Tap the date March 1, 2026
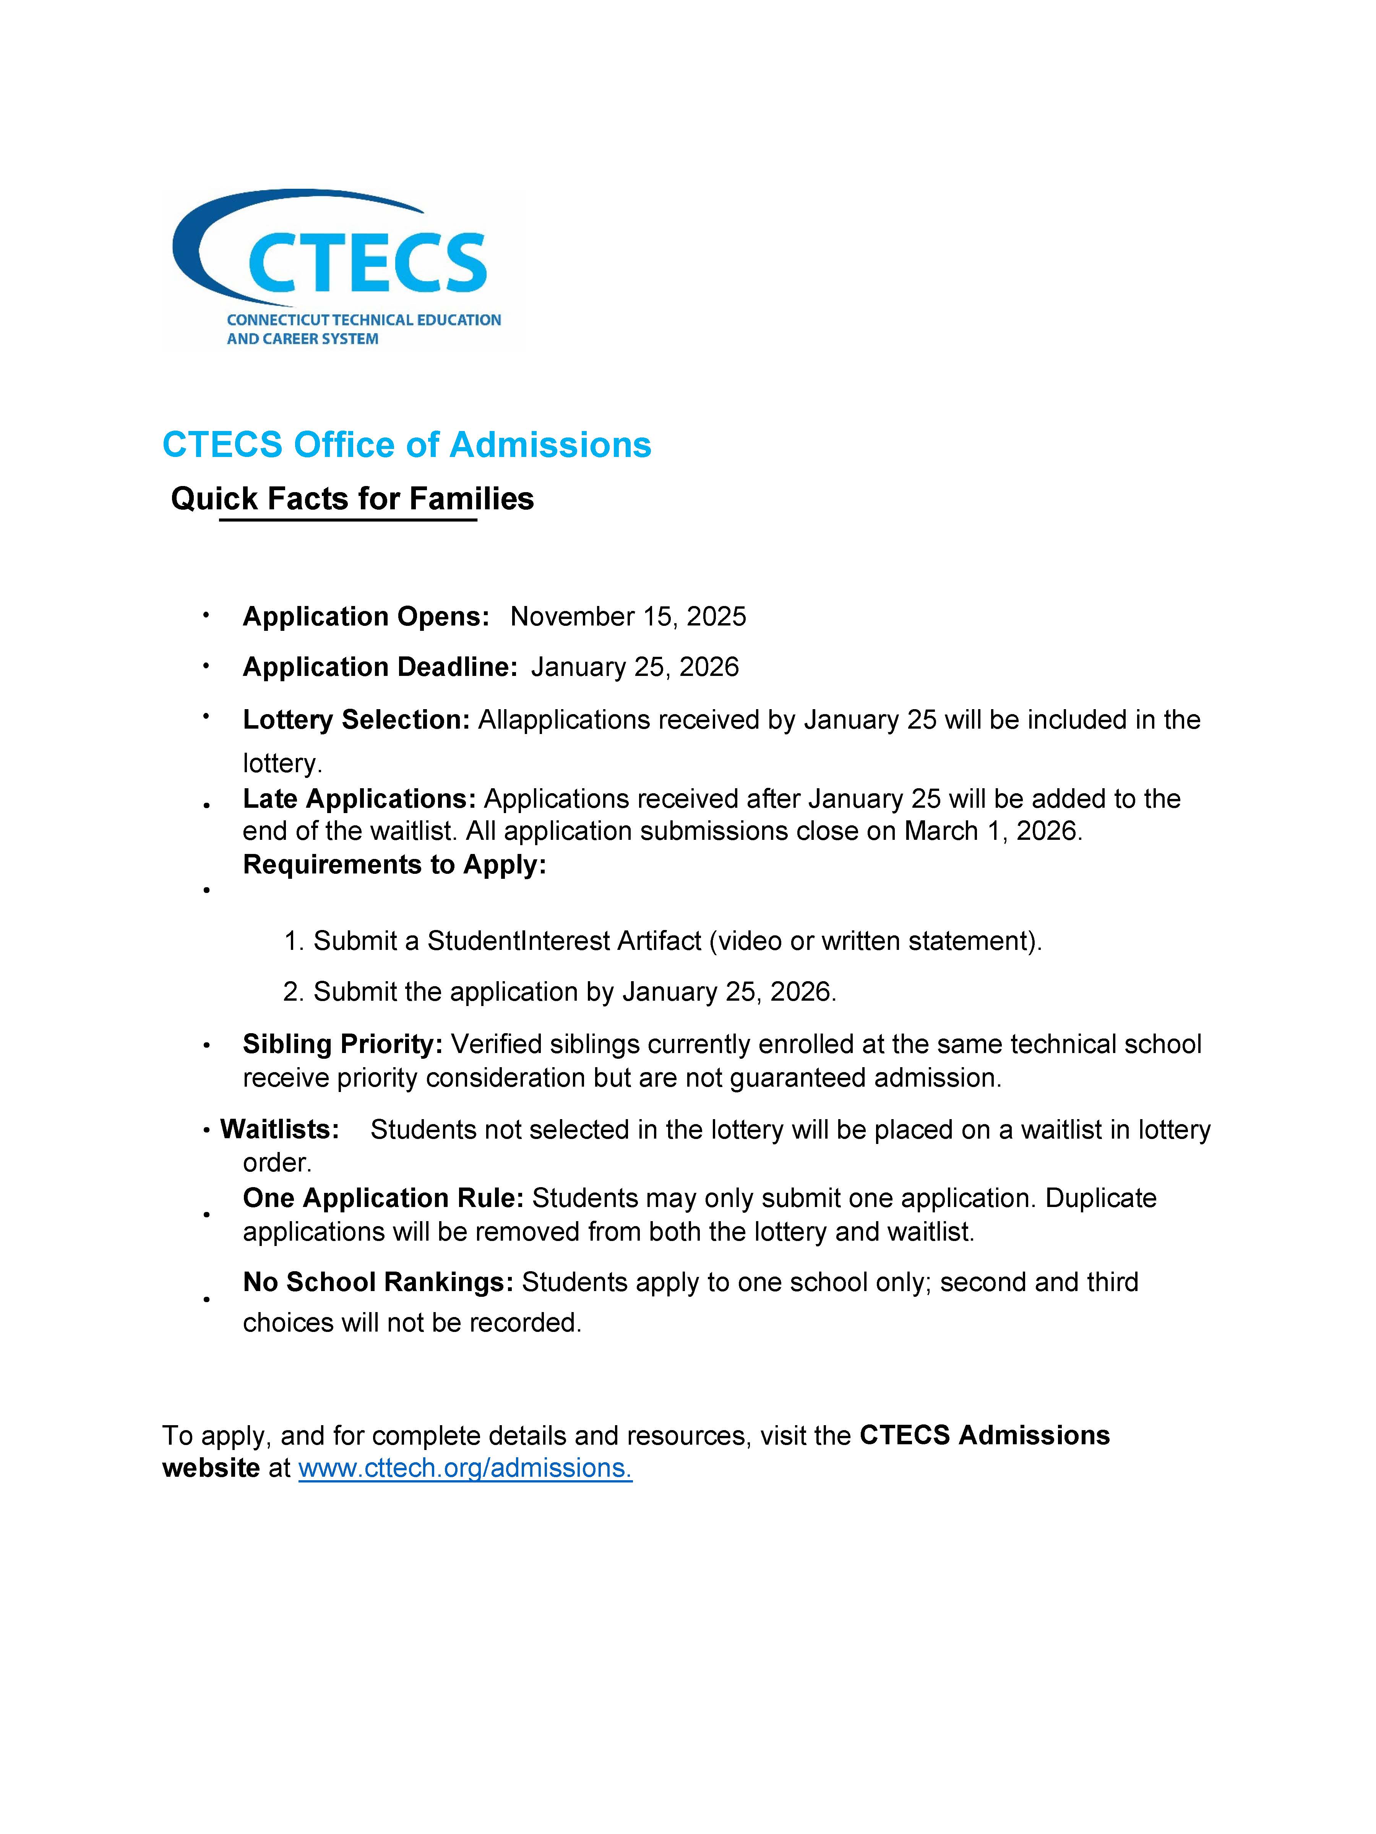click(993, 831)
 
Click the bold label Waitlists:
click(279, 1129)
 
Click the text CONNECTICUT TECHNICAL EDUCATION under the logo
click(363, 320)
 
